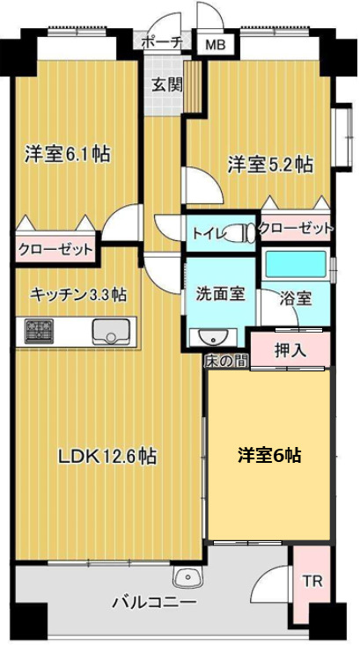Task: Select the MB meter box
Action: [x=214, y=45]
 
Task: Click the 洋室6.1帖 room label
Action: [x=67, y=154]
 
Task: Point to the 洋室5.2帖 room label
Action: [x=270, y=163]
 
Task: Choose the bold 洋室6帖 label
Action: [x=270, y=455]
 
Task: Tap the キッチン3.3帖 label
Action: [x=77, y=294]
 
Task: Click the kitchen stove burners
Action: [x=38, y=332]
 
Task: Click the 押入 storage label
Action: [x=290, y=349]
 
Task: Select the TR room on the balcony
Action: [x=312, y=582]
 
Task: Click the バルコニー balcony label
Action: [x=154, y=603]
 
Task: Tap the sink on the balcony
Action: [x=188, y=577]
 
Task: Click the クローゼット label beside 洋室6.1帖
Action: [x=55, y=249]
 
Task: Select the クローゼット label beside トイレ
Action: [x=297, y=229]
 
